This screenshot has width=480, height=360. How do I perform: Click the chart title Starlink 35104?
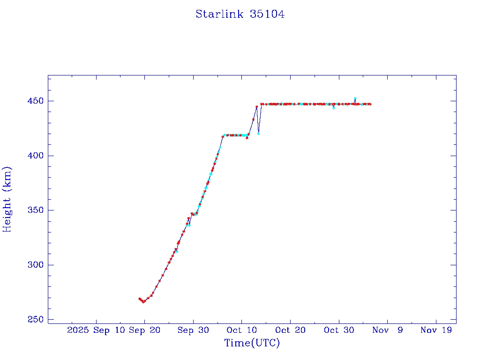[240, 14]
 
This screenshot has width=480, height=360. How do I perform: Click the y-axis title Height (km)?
[7, 199]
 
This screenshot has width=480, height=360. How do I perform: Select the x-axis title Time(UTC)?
[252, 343]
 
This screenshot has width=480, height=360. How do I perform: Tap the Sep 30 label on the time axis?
[194, 330]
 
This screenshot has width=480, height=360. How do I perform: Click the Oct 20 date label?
[291, 330]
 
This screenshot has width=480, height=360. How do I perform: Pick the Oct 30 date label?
[339, 330]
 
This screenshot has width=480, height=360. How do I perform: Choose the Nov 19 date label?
[436, 330]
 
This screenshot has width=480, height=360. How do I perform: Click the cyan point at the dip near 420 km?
[258, 134]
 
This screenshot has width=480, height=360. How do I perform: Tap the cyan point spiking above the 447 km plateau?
[355, 98]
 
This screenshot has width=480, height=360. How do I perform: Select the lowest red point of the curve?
[143, 302]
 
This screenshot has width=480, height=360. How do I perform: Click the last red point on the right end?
[370, 104]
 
